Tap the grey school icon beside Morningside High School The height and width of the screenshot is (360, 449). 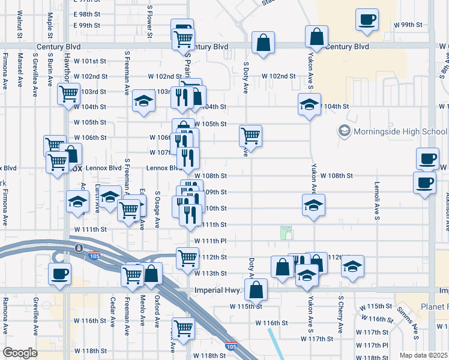[x=345, y=130]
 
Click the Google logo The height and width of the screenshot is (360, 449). [x=20, y=353]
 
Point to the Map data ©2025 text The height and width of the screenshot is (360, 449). [x=423, y=355]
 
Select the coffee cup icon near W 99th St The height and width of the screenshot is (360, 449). [x=366, y=19]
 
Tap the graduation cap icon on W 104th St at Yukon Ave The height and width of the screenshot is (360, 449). [x=309, y=104]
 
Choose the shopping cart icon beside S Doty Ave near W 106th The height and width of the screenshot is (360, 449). [x=250, y=135]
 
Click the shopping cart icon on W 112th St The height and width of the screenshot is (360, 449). [x=187, y=257]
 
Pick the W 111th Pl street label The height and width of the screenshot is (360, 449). [x=209, y=241]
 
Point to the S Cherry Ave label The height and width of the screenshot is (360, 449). [x=340, y=314]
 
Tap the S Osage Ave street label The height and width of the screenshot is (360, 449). [x=157, y=210]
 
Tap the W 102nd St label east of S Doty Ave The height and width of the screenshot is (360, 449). [x=279, y=76]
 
